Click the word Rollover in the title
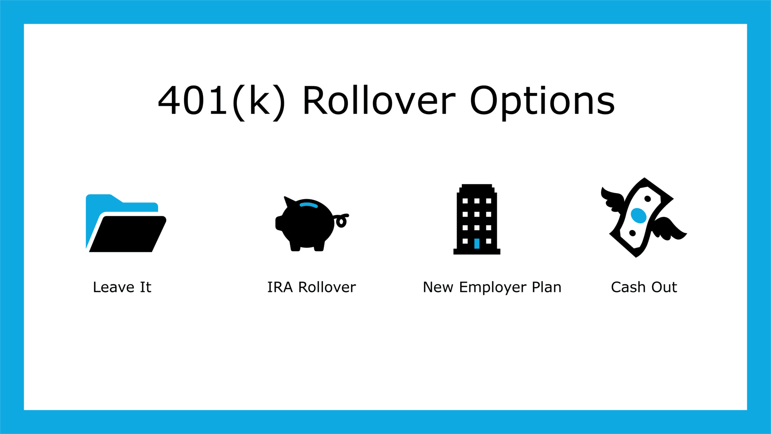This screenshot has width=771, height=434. [379, 101]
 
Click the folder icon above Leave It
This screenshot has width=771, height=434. [126, 223]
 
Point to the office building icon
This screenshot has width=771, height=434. [477, 219]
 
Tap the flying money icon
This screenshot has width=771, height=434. [643, 217]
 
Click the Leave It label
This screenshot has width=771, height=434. [122, 287]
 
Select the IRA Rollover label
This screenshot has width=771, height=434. [312, 287]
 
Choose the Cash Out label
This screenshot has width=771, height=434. [644, 287]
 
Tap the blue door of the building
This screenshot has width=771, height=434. [477, 243]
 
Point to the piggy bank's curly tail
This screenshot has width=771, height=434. [341, 220]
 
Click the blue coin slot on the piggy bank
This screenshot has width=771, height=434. [308, 205]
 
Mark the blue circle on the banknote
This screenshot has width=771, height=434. [638, 216]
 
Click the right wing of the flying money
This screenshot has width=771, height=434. [669, 229]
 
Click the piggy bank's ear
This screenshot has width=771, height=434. [289, 202]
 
